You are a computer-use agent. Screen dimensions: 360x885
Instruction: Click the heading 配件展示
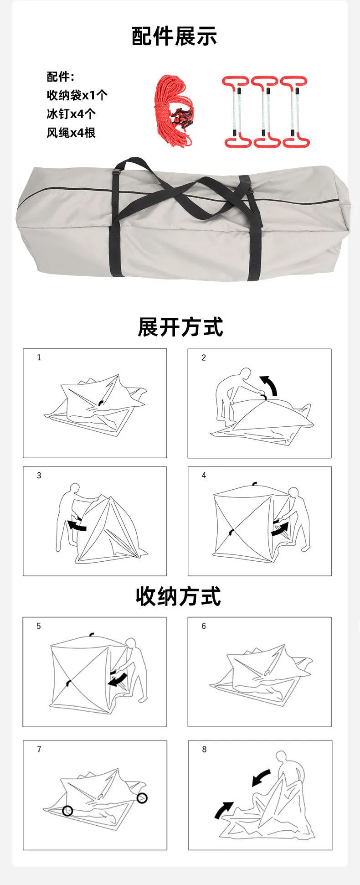pos(174,36)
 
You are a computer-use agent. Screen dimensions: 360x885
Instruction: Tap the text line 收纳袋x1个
pos(77,95)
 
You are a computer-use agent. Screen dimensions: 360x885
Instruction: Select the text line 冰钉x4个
pos(71,114)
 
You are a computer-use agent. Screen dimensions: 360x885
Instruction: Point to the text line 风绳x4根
pos(71,133)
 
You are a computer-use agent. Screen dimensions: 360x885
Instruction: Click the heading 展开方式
pos(180,327)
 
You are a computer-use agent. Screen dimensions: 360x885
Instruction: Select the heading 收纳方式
pos(178,596)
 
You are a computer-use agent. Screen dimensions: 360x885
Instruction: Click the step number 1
pos(39,357)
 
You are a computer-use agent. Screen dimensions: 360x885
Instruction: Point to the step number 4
pos(204,476)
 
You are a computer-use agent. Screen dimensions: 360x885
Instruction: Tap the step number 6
pos(204,626)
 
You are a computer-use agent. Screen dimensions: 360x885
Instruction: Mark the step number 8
pos(204,749)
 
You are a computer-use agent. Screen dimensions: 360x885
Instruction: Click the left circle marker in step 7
pos(68,810)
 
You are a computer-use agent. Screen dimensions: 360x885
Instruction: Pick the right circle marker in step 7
pos(142,797)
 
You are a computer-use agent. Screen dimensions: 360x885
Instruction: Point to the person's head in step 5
pos(131,643)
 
